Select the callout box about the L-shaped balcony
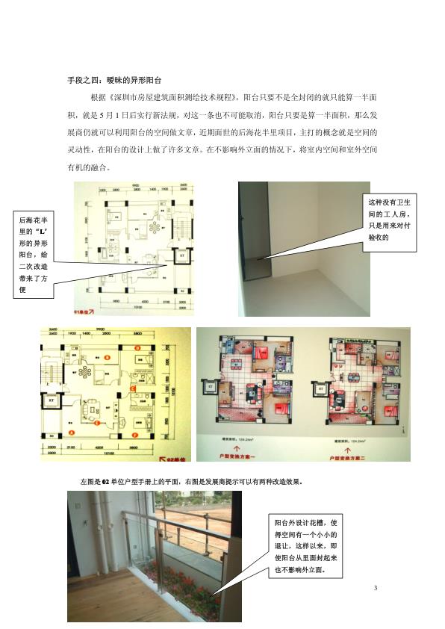click(x=34, y=254)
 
